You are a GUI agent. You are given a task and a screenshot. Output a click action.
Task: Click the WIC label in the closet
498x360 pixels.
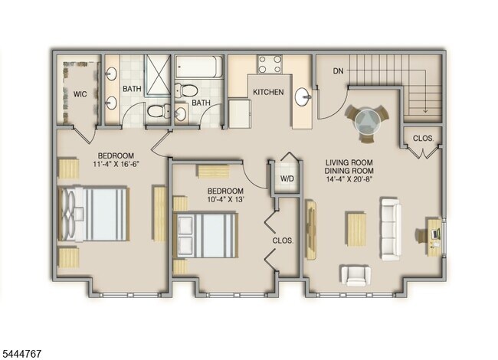click(x=80, y=94)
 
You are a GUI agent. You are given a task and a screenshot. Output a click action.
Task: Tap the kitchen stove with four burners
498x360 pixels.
click(x=270, y=64)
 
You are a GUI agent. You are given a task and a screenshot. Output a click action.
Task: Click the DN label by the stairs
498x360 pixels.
click(x=338, y=70)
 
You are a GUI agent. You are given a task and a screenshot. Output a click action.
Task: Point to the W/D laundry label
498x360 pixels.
click(x=287, y=178)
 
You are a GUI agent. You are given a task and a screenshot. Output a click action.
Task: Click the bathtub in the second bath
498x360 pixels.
click(x=196, y=67)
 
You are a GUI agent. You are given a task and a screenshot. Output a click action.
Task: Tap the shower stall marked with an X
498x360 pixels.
click(x=158, y=76)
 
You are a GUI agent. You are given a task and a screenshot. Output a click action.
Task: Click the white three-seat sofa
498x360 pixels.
click(x=392, y=229)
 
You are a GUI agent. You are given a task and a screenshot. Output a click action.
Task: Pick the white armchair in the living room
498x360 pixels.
click(x=355, y=276)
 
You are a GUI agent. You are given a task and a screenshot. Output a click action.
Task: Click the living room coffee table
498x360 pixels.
click(x=355, y=229)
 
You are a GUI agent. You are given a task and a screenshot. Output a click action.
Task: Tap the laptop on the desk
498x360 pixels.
click(x=435, y=234)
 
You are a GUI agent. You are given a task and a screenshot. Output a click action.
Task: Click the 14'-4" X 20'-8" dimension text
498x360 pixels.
click(x=349, y=179)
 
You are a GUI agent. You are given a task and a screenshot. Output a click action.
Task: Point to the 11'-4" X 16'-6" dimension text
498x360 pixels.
click(x=116, y=164)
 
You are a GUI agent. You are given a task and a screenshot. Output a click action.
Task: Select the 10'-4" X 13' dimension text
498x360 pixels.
click(x=225, y=199)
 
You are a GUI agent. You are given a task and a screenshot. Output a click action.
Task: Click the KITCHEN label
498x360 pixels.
click(x=268, y=92)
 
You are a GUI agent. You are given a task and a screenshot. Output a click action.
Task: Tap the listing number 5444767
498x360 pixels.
click(x=21, y=353)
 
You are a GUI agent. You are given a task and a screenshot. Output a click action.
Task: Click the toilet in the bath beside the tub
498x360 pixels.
click(x=186, y=90)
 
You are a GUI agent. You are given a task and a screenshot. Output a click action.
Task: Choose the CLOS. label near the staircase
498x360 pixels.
click(x=423, y=139)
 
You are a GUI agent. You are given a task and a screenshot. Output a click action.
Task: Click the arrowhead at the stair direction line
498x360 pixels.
click(x=425, y=111)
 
